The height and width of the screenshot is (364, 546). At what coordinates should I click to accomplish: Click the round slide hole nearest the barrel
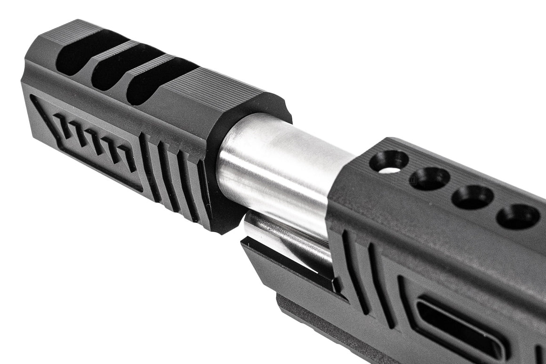tap(389, 162)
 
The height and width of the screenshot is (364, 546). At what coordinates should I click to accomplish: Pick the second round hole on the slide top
tap(429, 178)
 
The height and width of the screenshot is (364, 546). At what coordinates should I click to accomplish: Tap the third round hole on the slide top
tap(472, 197)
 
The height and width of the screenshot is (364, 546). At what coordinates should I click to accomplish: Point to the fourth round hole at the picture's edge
tap(518, 216)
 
